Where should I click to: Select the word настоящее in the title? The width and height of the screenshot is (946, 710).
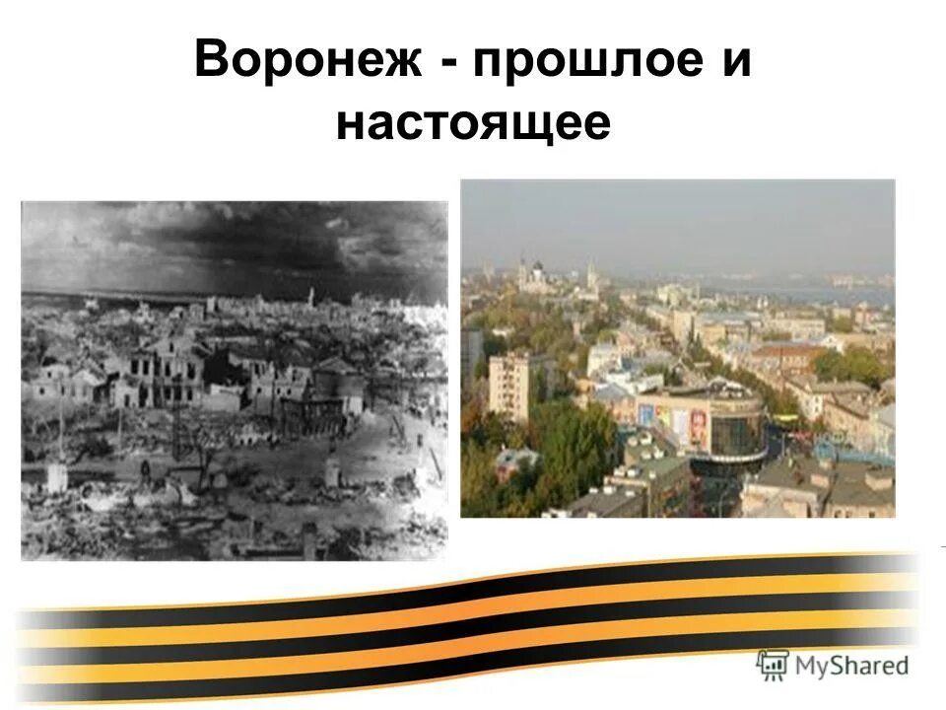click(x=473, y=125)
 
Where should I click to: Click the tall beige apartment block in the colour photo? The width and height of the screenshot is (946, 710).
click(x=508, y=385)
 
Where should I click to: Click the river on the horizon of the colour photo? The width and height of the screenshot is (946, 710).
click(x=838, y=293)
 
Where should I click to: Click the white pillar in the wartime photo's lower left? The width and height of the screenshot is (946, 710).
click(x=56, y=478)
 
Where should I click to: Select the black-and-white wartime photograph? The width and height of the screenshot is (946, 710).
click(x=234, y=380)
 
